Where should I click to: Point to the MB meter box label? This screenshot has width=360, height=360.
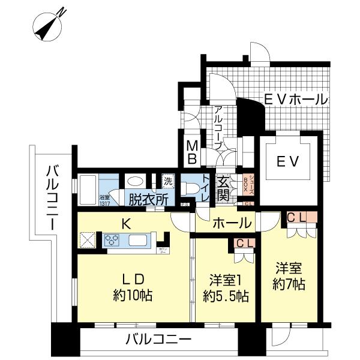pyautogui.click(x=192, y=151)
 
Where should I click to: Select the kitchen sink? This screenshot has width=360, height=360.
pyautogui.click(x=137, y=241)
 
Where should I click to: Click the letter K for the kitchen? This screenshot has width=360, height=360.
pyautogui.click(x=127, y=224)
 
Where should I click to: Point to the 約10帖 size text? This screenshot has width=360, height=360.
pyautogui.click(x=133, y=295)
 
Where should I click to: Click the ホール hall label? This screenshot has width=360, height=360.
pyautogui.click(x=231, y=223)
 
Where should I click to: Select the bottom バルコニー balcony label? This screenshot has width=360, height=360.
pyautogui.click(x=158, y=339)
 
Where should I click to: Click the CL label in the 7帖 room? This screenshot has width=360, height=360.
pyautogui.click(x=296, y=218)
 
